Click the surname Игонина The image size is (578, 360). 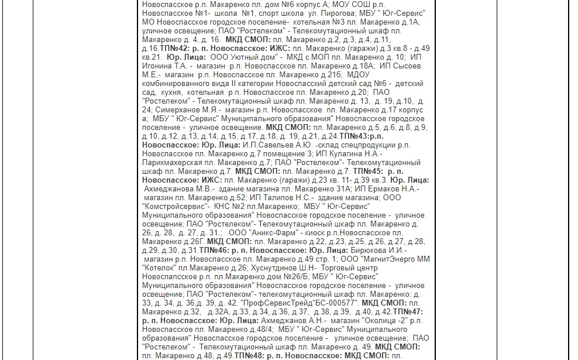(x=159, y=66)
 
